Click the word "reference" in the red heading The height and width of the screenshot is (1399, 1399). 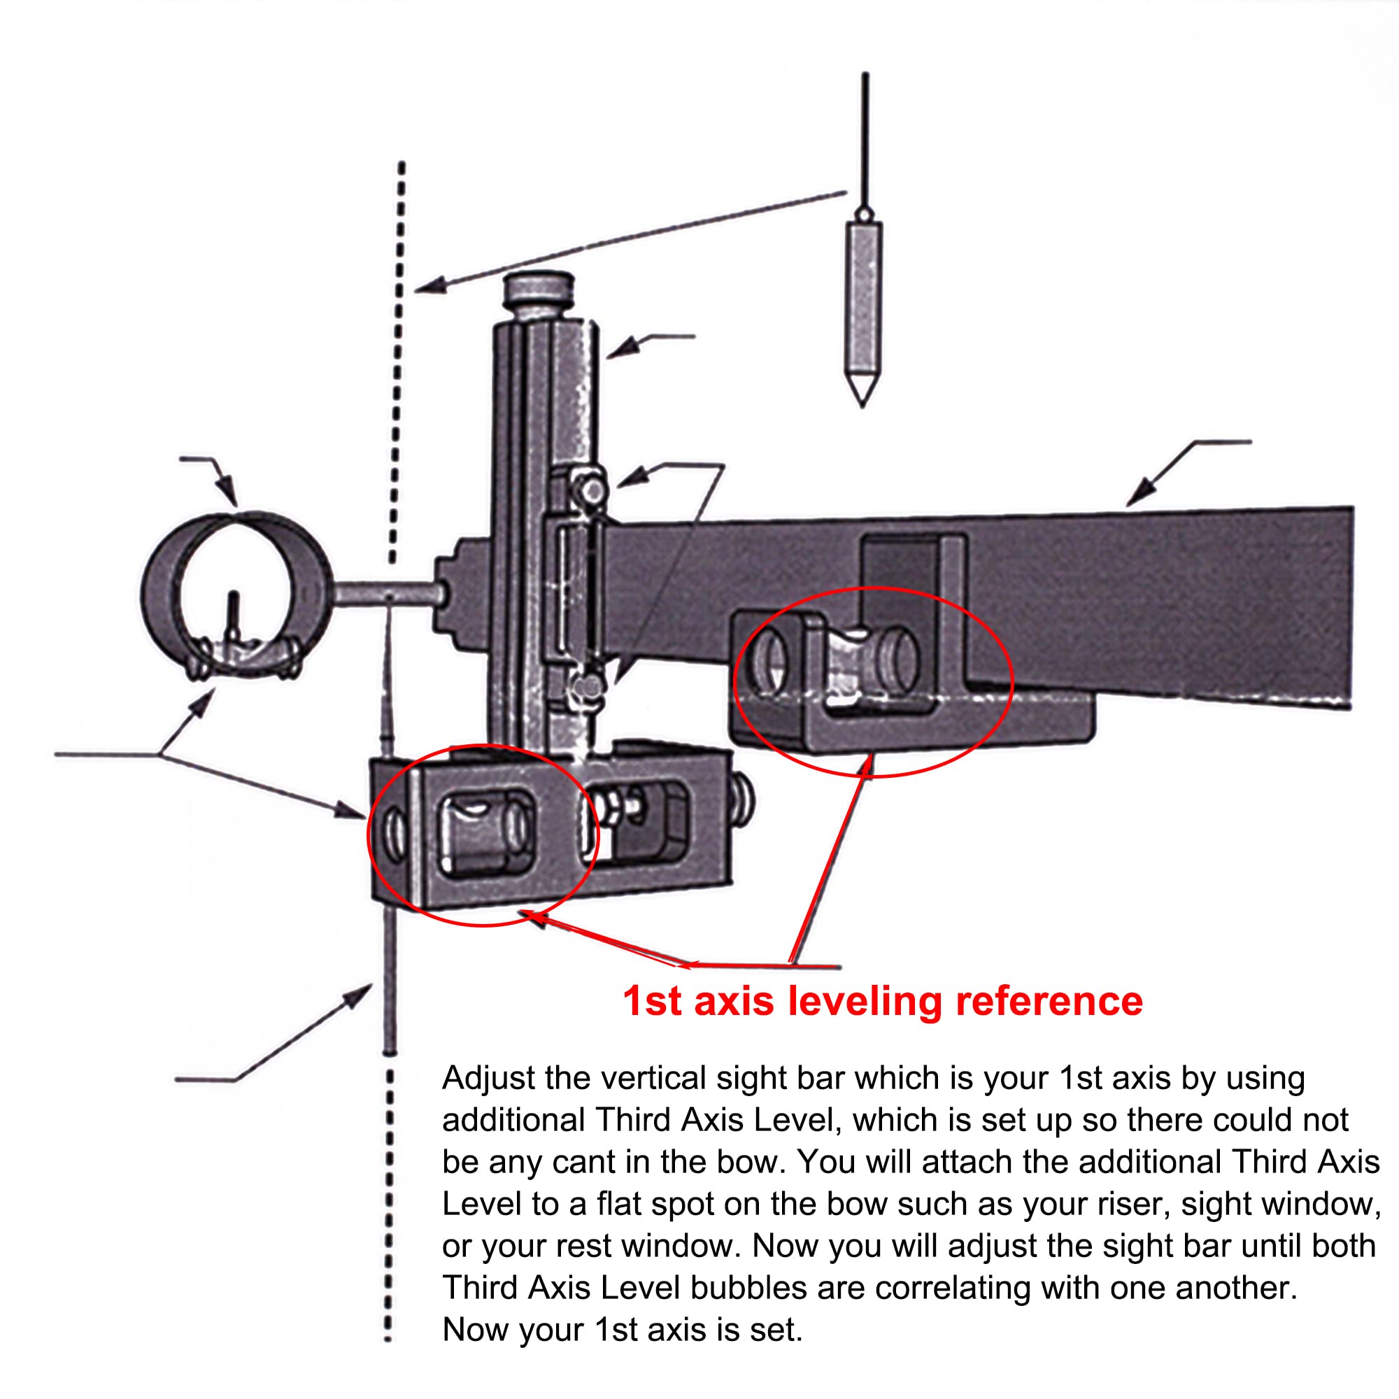(1049, 1002)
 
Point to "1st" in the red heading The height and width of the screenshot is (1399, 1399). (651, 1002)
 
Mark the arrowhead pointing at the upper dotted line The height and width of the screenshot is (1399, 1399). (429, 287)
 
